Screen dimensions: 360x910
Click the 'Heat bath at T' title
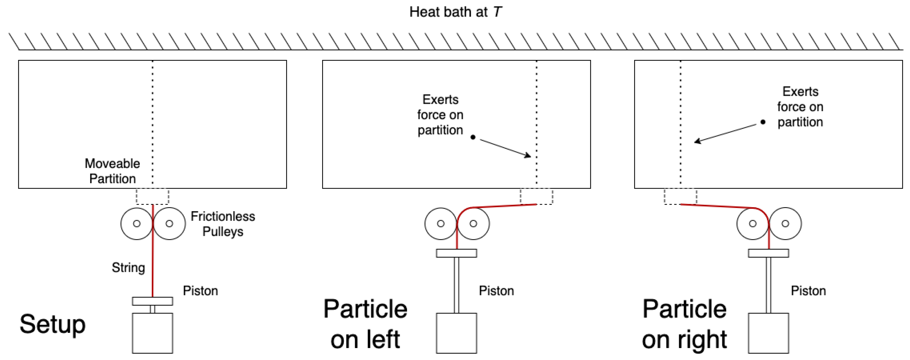pyautogui.click(x=455, y=12)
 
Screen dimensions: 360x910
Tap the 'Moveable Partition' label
pyautogui.click(x=112, y=171)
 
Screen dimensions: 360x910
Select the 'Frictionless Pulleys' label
pyautogui.click(x=223, y=224)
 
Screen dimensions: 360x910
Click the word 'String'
pyautogui.click(x=128, y=267)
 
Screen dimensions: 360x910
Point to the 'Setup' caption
pyautogui.click(x=53, y=324)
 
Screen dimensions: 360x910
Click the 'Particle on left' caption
pyautogui.click(x=365, y=324)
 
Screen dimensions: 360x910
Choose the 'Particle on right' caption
pyautogui.click(x=684, y=324)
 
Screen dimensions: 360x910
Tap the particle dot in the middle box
pyautogui.click(x=473, y=137)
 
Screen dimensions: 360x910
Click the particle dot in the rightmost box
pyautogui.click(x=763, y=122)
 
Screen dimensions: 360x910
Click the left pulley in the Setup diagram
pyautogui.click(x=137, y=224)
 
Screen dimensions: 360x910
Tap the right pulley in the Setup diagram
pyautogui.click(x=169, y=224)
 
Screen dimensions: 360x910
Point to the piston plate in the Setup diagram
pyautogui.click(x=153, y=301)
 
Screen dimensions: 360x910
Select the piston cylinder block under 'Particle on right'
pyautogui.click(x=768, y=333)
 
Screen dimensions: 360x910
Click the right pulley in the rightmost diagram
pyautogui.click(x=785, y=224)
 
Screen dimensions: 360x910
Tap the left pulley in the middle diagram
pyautogui.click(x=441, y=224)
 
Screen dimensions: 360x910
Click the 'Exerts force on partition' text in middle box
pyautogui.click(x=440, y=115)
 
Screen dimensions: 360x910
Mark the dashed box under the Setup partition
pyautogui.click(x=153, y=197)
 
